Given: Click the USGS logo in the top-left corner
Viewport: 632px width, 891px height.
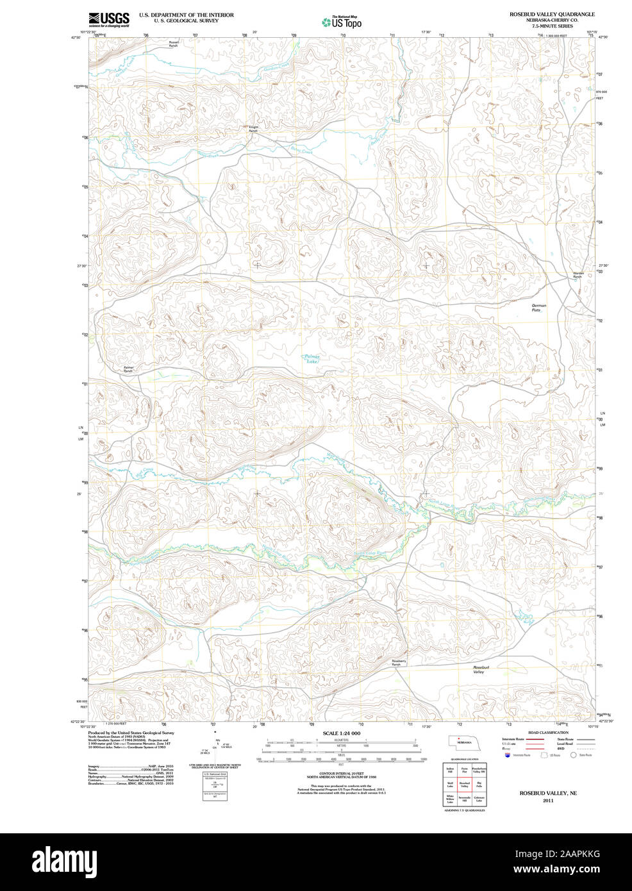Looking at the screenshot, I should click(108, 19).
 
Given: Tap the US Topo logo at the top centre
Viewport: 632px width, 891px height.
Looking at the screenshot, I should click(342, 22).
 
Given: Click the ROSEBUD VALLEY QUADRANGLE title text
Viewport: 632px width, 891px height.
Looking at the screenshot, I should click(552, 14).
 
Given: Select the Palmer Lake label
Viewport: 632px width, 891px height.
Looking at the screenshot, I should click(312, 359).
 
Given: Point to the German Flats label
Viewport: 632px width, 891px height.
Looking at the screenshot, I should click(539, 308).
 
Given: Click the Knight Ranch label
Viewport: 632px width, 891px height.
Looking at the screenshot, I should click(254, 128).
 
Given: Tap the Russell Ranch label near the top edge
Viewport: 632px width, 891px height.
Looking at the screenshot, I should click(174, 44).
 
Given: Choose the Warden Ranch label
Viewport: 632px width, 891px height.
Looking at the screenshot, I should click(578, 275).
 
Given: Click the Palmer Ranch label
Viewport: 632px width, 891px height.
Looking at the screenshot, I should click(128, 369).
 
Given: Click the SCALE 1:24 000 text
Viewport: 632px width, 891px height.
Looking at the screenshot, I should click(341, 733).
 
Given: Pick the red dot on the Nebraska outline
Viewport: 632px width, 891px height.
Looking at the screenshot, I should click(459, 738).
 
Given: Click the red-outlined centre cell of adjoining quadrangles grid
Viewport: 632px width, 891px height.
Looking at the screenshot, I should click(464, 784).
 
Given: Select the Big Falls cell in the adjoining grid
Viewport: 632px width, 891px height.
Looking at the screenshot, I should click(479, 784).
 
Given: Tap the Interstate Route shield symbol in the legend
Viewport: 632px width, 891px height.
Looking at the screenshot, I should click(508, 755).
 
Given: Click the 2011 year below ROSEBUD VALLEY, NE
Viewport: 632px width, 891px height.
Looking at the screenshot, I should click(547, 801).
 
